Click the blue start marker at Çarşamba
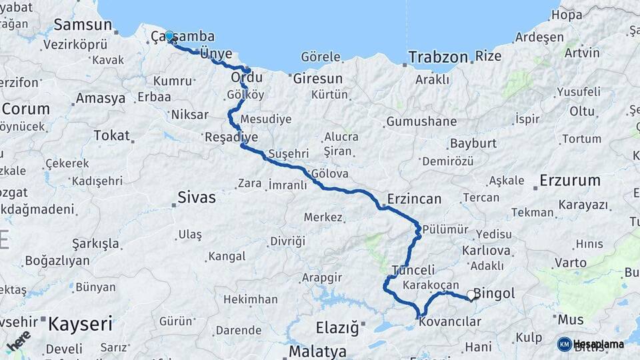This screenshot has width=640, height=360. tap(169, 37)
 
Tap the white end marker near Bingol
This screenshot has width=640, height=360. tap(471, 295)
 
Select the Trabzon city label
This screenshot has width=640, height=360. tap(438, 57)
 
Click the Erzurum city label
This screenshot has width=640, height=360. tap(570, 180)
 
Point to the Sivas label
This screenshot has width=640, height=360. tap(197, 197)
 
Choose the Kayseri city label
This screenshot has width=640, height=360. tap(80, 325)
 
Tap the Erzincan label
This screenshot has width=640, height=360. tap(414, 199)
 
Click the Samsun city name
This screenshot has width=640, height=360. tap(82, 25)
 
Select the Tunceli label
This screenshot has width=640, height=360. tap(413, 270)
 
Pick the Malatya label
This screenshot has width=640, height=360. tap(317, 351)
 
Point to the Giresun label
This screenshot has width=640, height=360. tap(317, 79)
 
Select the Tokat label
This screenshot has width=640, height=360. tap(111, 135)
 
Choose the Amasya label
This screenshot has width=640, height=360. tap(101, 99)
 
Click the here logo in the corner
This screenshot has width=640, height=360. tap(18, 341)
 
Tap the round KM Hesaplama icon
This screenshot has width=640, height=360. tap(564, 344)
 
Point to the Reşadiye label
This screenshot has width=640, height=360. tap(231, 137)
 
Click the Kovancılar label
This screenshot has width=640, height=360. tap(450, 322)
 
